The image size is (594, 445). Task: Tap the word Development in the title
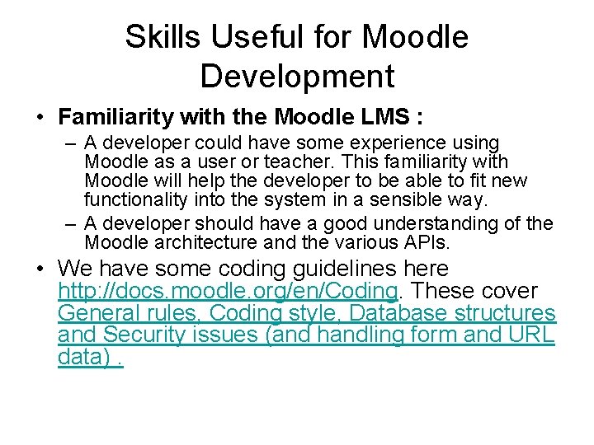[x=297, y=76]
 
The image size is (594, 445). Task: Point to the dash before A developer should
[x=70, y=223]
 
